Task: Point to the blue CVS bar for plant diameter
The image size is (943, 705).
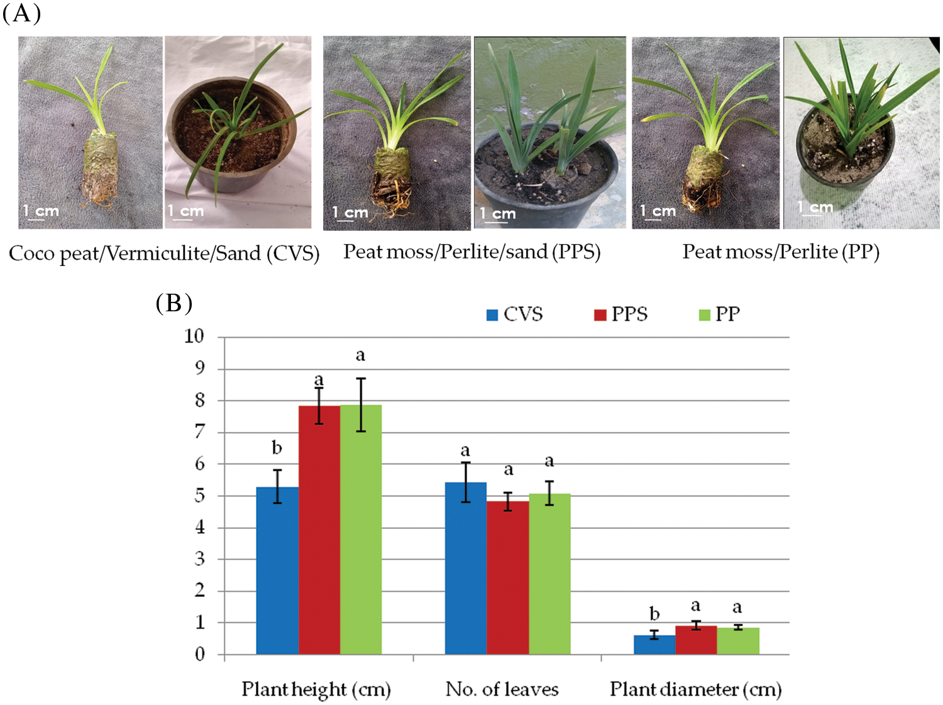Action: tap(654, 645)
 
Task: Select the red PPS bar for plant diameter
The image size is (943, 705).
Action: tap(696, 640)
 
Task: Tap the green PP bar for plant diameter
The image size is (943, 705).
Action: tap(738, 641)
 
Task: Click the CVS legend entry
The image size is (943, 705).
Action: tap(515, 314)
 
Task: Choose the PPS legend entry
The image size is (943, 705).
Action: tap(621, 314)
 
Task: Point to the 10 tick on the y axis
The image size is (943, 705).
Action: tap(195, 336)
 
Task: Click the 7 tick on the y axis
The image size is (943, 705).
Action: tap(200, 432)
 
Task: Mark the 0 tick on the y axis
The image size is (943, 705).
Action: tap(200, 655)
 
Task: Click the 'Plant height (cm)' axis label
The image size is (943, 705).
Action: tap(316, 689)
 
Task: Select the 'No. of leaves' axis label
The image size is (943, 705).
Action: tap(502, 689)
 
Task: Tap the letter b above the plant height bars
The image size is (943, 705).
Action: tap(277, 448)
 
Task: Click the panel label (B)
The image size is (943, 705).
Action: tap(174, 303)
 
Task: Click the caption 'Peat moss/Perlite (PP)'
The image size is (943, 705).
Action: tap(781, 252)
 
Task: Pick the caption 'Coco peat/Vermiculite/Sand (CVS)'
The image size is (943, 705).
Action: tap(164, 253)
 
